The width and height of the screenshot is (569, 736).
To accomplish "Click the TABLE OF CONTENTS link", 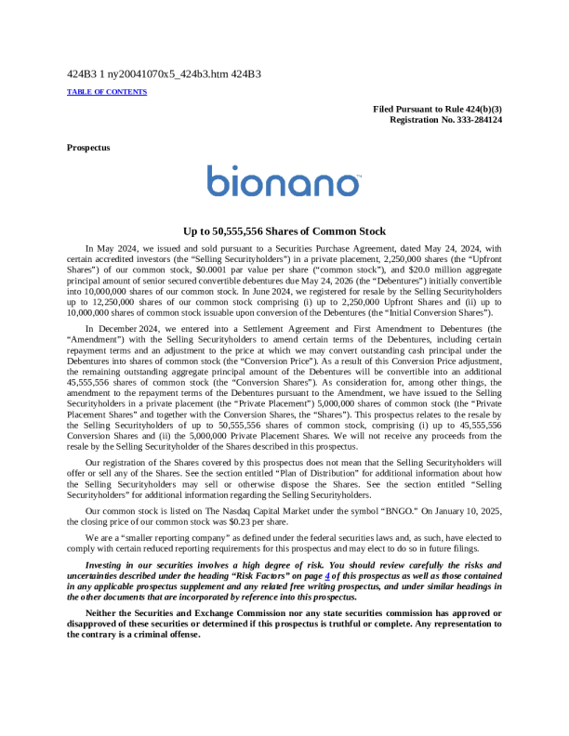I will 107,92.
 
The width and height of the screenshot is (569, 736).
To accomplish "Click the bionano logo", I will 284,181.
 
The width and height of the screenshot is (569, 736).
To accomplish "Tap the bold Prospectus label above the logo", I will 88,148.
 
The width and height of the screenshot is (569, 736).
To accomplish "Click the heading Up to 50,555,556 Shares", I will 284,231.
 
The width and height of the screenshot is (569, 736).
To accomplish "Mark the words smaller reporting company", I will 165,538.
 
